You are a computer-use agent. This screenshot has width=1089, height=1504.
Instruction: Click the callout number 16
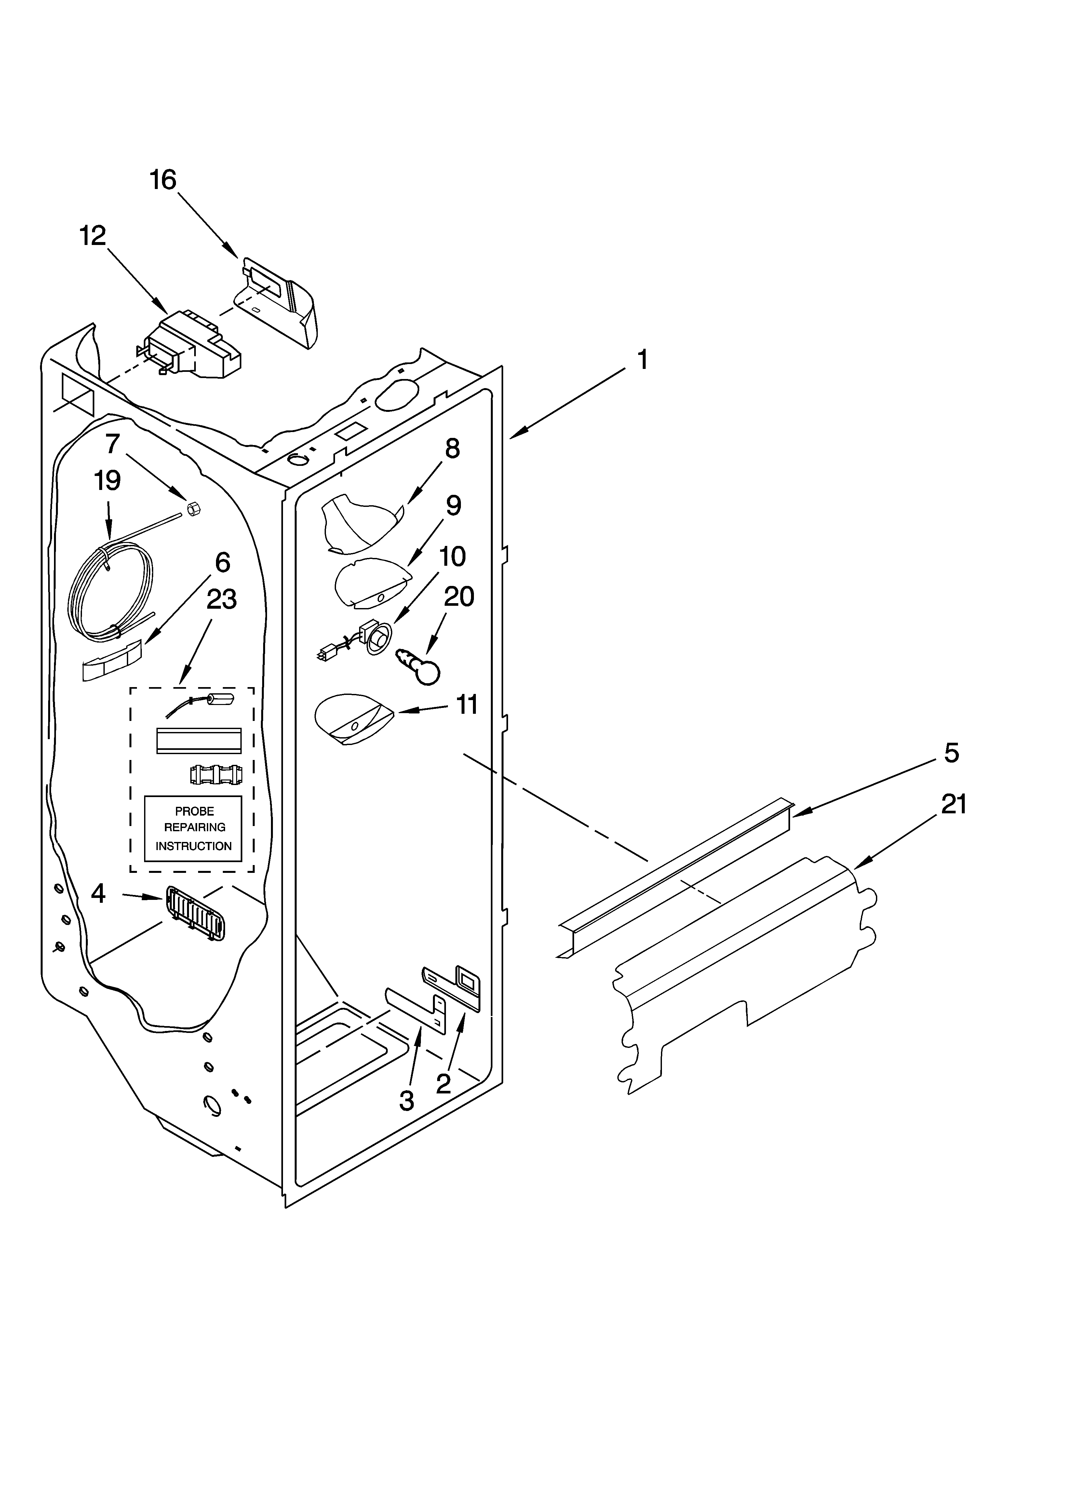coord(163,180)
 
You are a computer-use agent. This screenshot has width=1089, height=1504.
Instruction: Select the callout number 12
coord(93,236)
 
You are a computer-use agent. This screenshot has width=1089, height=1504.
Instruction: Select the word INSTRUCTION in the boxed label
coord(194,846)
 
